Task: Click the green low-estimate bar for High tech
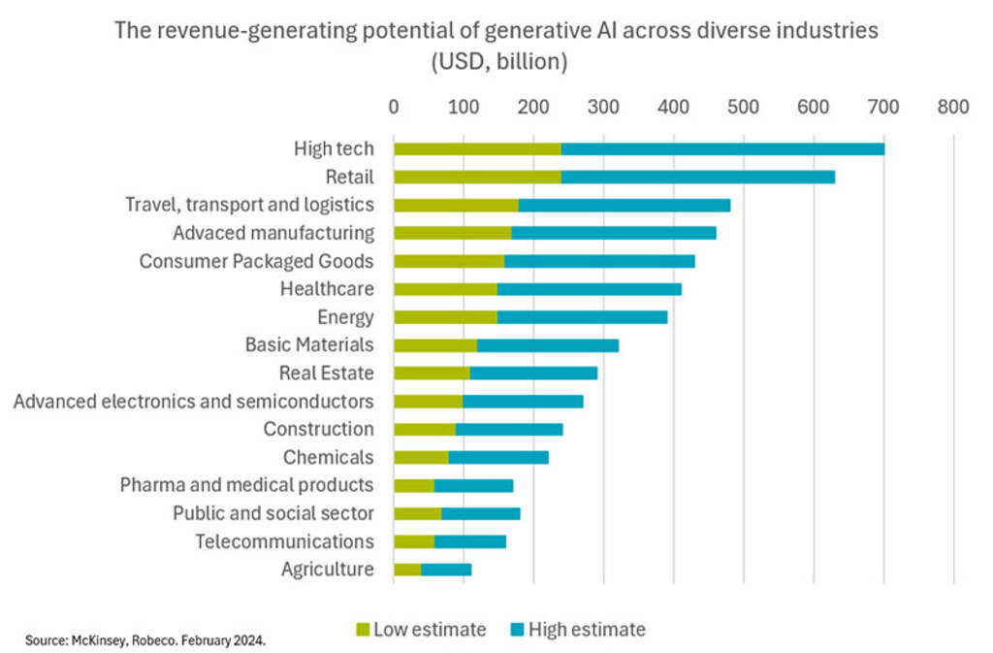477,149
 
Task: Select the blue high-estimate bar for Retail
698,178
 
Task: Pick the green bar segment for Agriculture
407,570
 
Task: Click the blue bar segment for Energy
582,317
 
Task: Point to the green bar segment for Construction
425,429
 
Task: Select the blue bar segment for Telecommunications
470,541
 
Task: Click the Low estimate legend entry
421,630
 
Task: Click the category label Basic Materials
308,344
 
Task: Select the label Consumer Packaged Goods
256,261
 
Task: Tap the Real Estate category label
326,373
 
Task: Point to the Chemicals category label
328,457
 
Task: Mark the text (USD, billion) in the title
496,62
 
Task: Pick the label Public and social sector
272,513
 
